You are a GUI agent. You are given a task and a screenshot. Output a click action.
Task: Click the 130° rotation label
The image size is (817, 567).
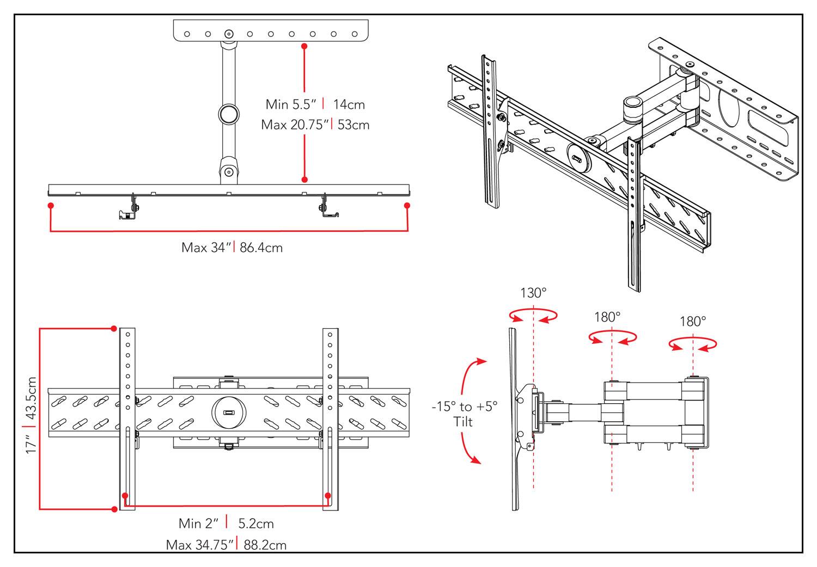533,293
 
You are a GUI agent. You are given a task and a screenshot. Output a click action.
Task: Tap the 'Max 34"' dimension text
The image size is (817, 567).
206,248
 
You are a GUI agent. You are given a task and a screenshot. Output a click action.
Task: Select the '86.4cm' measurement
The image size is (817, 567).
261,248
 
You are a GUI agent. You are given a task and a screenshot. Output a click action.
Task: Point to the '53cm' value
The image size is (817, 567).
353,125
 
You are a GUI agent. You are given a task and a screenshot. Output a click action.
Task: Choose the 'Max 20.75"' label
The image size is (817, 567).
295,125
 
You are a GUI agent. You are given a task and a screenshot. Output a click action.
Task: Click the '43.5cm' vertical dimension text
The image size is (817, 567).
31,398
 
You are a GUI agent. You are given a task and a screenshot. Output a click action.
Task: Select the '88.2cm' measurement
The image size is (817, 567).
265,545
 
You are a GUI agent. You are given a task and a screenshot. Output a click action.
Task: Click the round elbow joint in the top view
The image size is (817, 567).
229,114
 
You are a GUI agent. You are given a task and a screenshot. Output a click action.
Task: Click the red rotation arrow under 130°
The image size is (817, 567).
533,316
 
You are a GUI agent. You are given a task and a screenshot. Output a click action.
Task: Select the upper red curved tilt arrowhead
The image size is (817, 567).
479,361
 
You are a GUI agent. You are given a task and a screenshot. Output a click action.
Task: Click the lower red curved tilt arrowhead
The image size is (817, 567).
477,460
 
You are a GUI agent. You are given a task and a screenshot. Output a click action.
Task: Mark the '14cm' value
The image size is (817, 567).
349,104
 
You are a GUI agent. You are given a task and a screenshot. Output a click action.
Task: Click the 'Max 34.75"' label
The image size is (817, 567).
200,545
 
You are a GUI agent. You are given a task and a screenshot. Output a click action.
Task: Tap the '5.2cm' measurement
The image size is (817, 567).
256,523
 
